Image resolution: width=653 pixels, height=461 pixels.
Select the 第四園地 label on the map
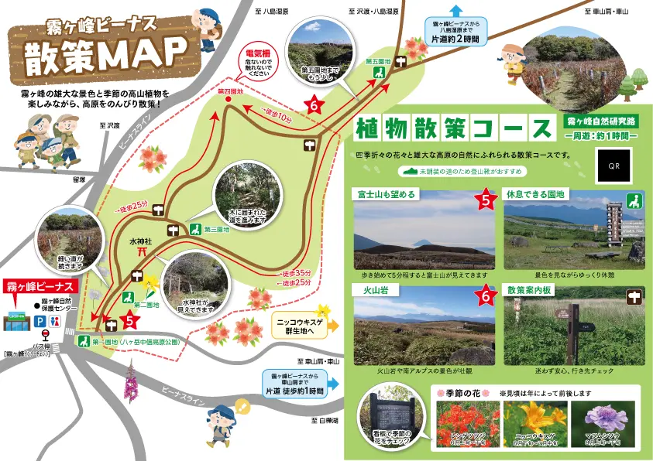click(x=230, y=91)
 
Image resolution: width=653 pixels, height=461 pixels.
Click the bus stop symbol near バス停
click(x=46, y=335)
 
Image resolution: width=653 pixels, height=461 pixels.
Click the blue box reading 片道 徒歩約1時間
click(x=294, y=383)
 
